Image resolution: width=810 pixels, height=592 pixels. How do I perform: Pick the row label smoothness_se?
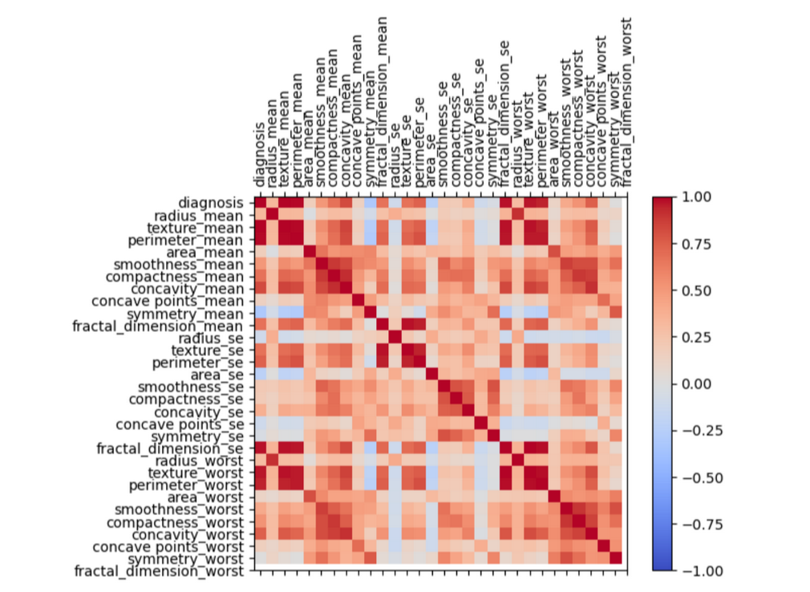click(x=196, y=387)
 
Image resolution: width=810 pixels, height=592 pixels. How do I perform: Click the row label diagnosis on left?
click(x=209, y=202)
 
